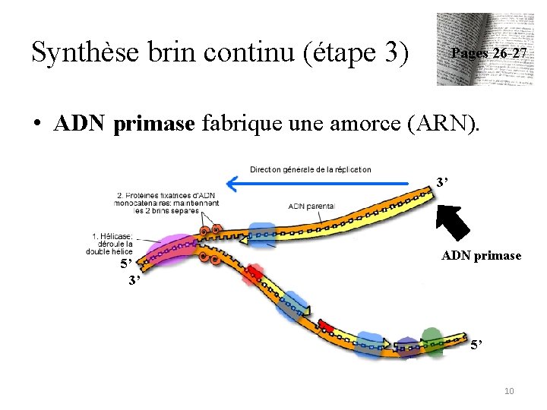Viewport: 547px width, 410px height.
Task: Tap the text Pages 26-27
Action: (x=489, y=54)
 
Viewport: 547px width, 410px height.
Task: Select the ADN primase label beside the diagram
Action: (x=481, y=256)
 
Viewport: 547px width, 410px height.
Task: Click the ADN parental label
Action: (x=311, y=206)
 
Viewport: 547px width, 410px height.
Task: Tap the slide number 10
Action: (x=508, y=390)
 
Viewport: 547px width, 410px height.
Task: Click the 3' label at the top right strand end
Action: (x=443, y=183)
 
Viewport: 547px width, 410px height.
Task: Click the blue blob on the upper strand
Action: (x=263, y=235)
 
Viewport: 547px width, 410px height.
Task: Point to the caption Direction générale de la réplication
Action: (x=310, y=169)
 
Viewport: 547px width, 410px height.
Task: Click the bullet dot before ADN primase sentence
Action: (x=36, y=125)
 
